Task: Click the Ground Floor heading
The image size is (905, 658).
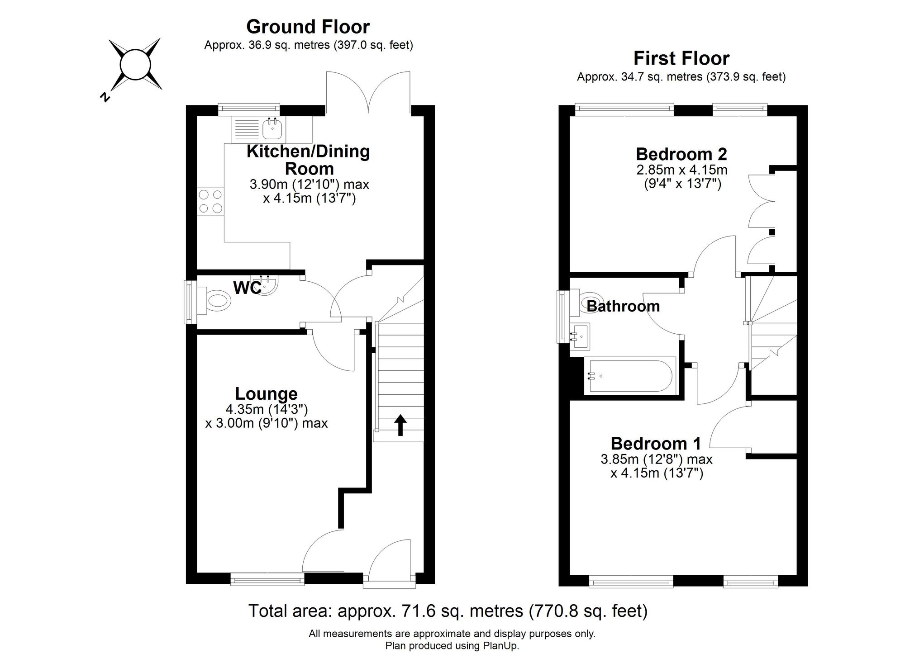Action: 308,27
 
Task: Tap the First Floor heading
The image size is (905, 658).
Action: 681,59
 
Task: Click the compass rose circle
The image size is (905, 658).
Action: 135,64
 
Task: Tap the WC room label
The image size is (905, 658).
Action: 247,288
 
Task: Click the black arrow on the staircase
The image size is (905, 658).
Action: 400,425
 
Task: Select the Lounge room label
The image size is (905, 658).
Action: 266,394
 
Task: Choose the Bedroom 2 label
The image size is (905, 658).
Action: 681,154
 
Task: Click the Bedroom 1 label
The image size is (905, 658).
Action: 656,444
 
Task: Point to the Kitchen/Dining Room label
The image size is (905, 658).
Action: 308,160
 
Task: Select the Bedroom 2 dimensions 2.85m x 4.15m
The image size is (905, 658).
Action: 681,170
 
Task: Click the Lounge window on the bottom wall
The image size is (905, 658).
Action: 267,579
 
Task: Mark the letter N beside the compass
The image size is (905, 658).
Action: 105,97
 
